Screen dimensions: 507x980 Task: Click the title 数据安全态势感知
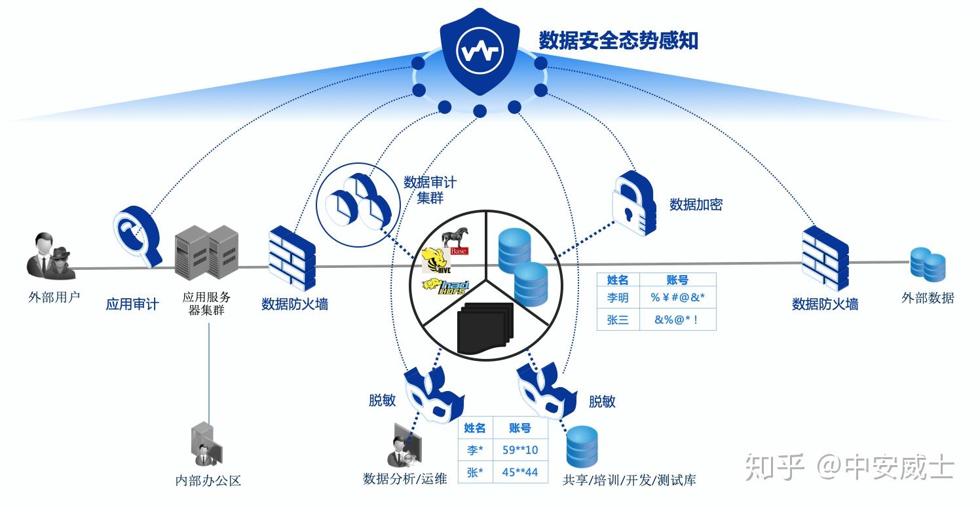pos(618,41)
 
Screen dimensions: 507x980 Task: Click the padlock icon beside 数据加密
pos(633,203)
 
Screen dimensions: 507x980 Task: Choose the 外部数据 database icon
pos(928,265)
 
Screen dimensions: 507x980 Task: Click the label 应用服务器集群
pos(206,304)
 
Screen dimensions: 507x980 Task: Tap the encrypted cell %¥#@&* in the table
pos(677,298)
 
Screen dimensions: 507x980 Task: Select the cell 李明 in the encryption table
pos(618,298)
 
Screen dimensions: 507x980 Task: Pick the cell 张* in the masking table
pos(475,472)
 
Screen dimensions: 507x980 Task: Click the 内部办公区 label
pos(208,480)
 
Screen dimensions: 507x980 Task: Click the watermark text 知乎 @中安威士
pos(848,468)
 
